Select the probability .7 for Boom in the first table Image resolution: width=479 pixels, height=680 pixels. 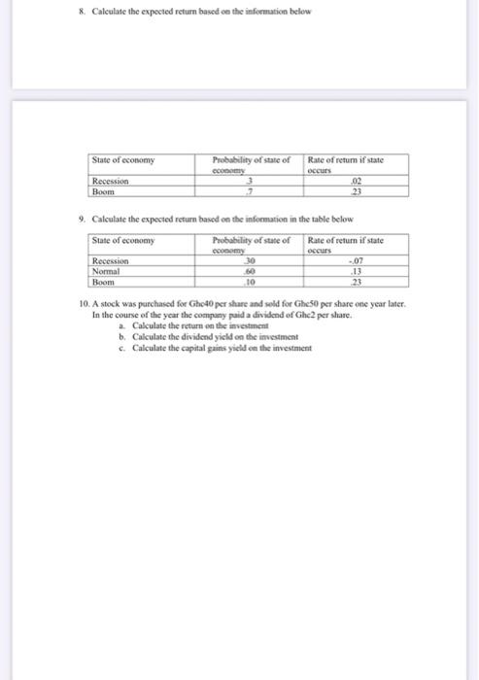pos(251,189)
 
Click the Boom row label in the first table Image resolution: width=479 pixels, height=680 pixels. pos(103,189)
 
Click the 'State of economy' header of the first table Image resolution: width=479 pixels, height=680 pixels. pos(122,159)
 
